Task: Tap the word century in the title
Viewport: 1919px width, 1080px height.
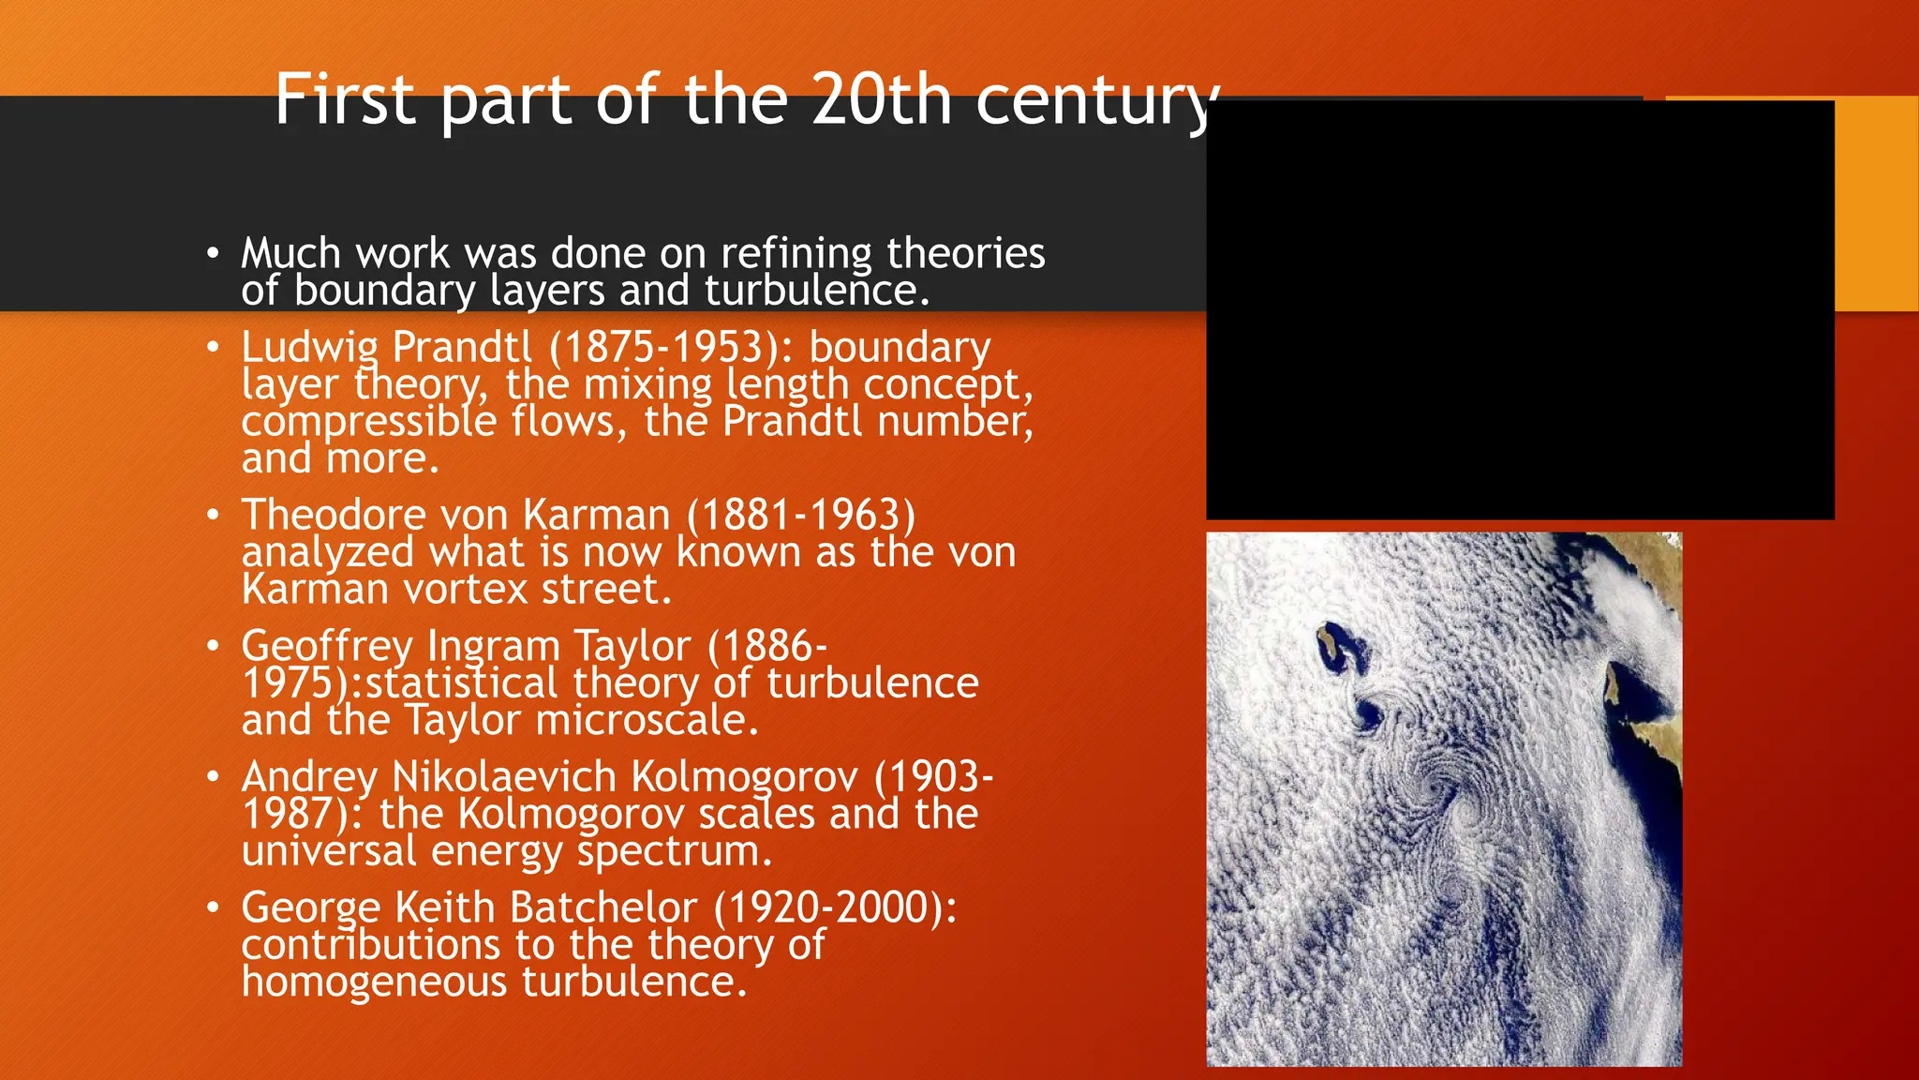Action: coord(1096,101)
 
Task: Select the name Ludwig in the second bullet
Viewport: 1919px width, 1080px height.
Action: coord(309,348)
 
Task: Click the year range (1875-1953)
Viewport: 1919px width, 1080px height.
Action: coord(671,347)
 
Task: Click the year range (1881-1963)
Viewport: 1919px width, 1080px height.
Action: coord(801,515)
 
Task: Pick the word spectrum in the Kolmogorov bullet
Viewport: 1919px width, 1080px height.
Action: coord(675,851)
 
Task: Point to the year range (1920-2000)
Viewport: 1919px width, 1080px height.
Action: coord(835,907)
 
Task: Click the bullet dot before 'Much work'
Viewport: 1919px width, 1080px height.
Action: coord(214,253)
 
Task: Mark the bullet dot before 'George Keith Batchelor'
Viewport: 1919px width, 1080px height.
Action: coord(214,907)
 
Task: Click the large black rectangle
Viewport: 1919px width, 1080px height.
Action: coord(1519,309)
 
